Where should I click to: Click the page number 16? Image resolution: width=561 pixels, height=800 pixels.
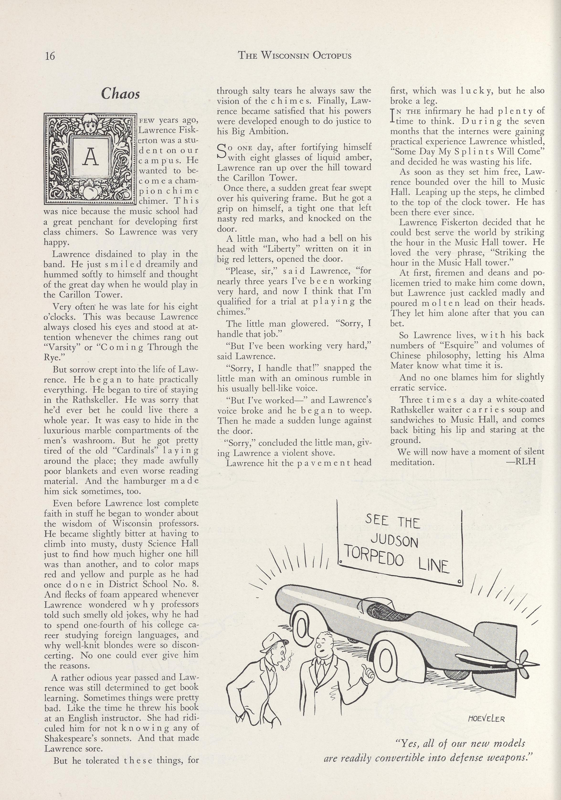50,56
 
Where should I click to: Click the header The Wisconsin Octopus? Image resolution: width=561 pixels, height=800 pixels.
294,55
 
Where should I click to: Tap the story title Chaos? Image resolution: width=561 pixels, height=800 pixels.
121,94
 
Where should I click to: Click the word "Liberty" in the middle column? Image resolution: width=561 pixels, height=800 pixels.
281,249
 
